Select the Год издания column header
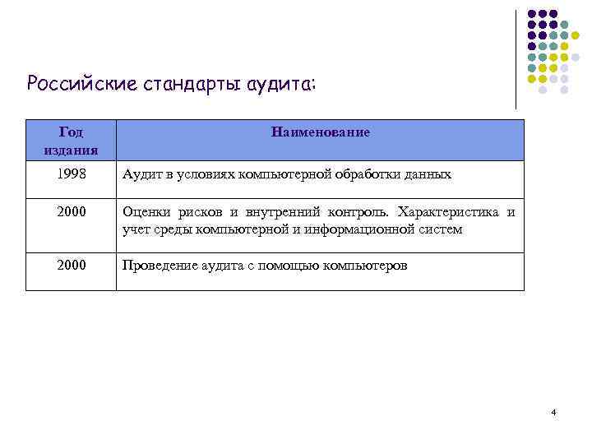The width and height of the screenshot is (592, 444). coord(71,140)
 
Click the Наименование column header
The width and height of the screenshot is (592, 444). coord(319,132)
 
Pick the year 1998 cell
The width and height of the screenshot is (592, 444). coord(71,175)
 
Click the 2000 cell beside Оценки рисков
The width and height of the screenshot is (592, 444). coord(71,213)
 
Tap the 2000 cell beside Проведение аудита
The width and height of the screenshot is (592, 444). coord(71,266)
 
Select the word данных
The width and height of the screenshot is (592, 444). coord(429,175)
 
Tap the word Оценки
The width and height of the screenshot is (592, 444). coord(146,213)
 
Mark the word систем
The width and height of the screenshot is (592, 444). coord(443,229)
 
